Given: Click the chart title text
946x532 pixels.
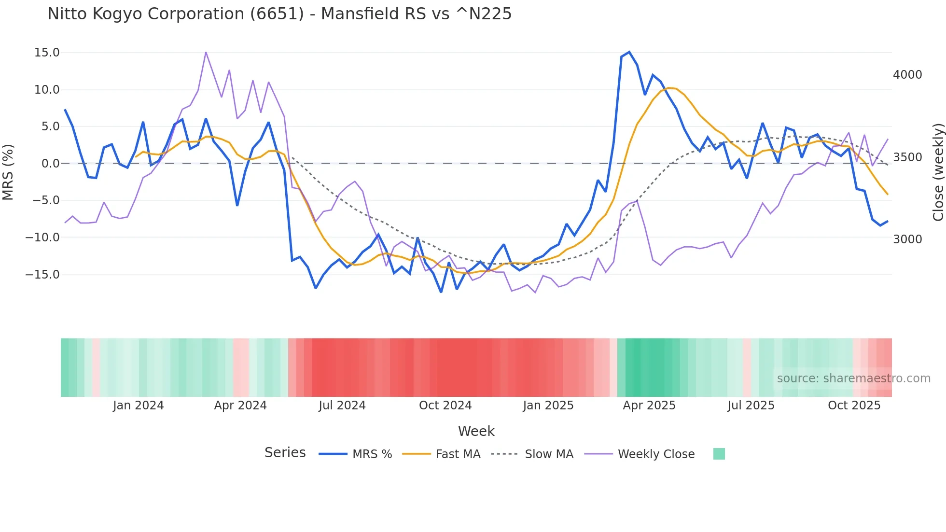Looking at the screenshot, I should (279, 14).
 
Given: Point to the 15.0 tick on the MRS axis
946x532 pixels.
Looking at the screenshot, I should (47, 52).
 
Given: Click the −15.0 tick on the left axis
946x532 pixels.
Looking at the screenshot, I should (42, 274).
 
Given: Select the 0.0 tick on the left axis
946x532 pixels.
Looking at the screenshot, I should (50, 163).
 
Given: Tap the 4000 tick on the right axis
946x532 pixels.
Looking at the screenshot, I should (907, 74).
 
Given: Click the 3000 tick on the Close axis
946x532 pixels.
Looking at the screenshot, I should (907, 239).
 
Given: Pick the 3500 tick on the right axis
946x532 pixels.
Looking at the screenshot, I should (907, 157).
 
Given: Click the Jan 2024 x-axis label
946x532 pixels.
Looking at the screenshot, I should (138, 405).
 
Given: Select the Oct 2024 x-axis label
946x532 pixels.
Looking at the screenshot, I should (445, 405).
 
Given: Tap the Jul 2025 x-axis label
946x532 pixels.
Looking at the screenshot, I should (751, 405).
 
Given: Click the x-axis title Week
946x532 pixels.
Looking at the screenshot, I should (476, 431).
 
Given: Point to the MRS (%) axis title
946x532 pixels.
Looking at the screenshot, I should (8, 172).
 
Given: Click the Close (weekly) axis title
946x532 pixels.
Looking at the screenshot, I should (938, 172).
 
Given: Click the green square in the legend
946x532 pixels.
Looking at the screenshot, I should (719, 454).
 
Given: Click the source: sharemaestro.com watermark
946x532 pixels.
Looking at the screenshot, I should (853, 378).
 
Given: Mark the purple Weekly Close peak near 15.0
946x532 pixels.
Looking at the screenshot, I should (206, 52).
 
